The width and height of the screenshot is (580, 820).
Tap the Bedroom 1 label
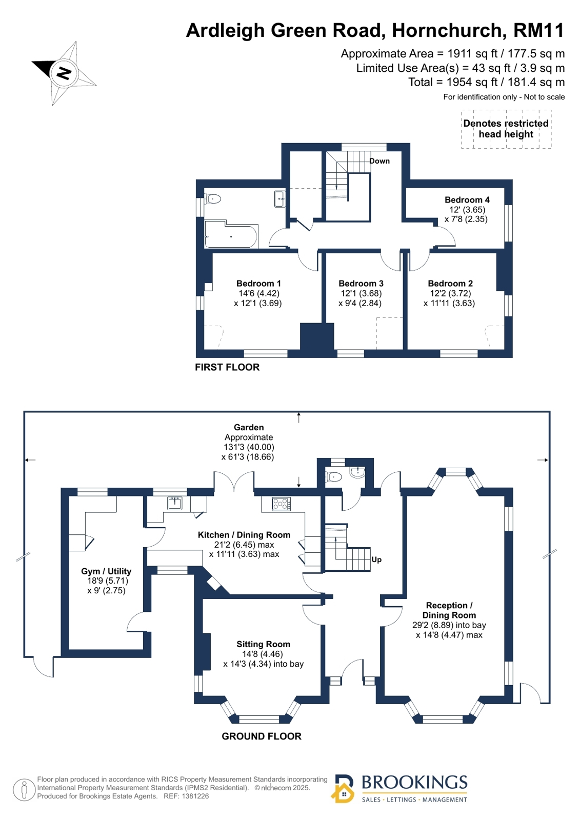258,284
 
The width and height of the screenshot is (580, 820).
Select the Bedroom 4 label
467,200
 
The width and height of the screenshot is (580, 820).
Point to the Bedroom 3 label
361,284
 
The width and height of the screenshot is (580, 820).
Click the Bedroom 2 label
450,284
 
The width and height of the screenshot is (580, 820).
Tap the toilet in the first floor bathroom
213,199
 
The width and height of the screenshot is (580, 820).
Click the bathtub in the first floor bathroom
231,234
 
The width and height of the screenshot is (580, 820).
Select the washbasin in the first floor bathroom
280,199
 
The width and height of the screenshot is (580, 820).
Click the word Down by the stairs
379,161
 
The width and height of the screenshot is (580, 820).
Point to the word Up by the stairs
376,559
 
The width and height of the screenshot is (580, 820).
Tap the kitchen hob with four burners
281,504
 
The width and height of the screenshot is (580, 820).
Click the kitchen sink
175,504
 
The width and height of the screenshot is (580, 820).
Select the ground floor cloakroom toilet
333,476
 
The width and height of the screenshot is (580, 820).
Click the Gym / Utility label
106,571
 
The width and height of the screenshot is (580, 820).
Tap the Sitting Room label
263,644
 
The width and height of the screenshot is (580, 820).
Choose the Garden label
249,427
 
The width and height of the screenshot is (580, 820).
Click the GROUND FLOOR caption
262,736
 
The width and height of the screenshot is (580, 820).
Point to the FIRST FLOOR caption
227,367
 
